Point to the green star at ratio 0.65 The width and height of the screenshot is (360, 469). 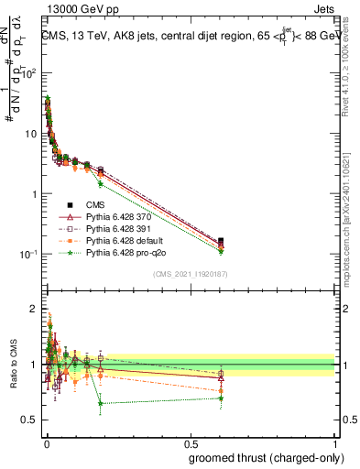100,403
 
